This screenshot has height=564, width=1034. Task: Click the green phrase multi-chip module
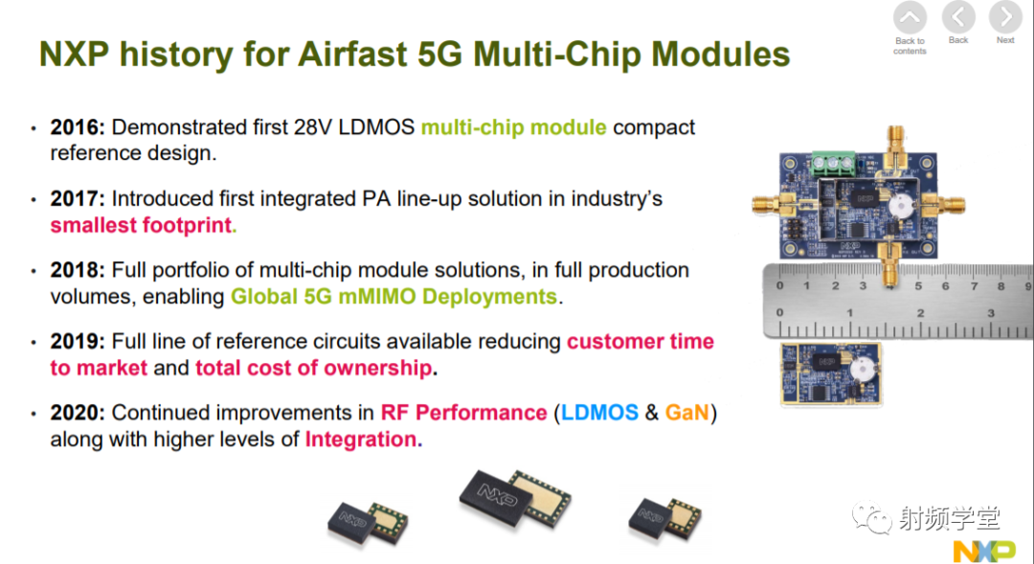pyautogui.click(x=514, y=127)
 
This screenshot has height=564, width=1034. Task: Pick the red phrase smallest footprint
pyautogui.click(x=141, y=225)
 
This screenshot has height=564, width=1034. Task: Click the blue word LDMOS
pyautogui.click(x=599, y=413)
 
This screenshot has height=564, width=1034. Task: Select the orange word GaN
pyautogui.click(x=686, y=413)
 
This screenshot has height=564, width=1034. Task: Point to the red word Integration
pyautogui.click(x=361, y=439)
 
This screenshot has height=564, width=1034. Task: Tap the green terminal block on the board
pyautogui.click(x=834, y=164)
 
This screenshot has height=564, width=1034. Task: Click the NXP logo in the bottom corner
pyautogui.click(x=984, y=551)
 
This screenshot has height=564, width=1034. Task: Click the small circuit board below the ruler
pyautogui.click(x=831, y=373)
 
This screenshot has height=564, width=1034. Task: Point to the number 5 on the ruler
pyautogui.click(x=918, y=286)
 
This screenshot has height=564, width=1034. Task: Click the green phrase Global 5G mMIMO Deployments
pyautogui.click(x=393, y=296)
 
